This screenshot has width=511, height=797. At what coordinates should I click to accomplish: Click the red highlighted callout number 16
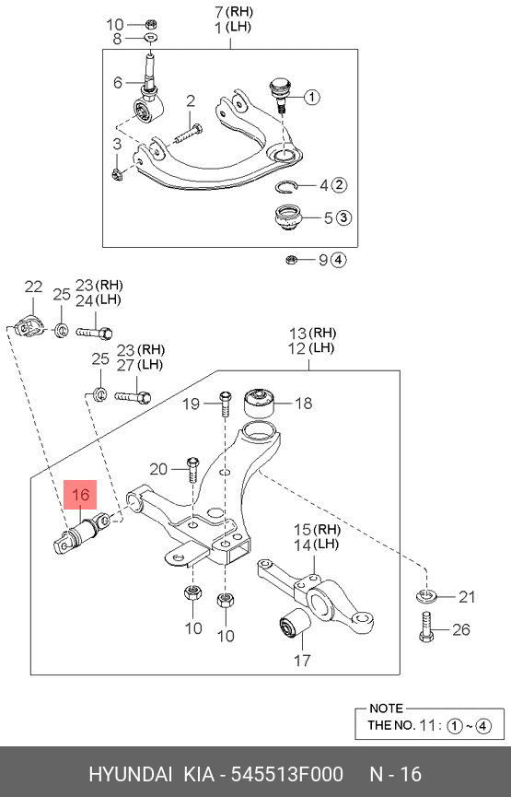81,496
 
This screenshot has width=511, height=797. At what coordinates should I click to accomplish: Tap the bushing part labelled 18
260,403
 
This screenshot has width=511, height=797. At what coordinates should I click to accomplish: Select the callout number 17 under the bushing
302,660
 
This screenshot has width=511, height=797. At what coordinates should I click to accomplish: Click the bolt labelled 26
425,628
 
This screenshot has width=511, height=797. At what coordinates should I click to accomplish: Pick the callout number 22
33,287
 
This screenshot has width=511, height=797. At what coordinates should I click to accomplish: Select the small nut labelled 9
292,259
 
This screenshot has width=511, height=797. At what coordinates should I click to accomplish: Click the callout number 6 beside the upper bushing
118,83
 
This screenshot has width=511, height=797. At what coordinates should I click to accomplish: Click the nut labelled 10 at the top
153,23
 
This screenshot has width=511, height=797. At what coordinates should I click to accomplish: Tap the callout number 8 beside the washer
117,39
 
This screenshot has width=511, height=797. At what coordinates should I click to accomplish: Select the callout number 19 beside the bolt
191,403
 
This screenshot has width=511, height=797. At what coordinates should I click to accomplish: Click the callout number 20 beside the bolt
157,467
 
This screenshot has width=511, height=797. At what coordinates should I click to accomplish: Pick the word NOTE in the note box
386,709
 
